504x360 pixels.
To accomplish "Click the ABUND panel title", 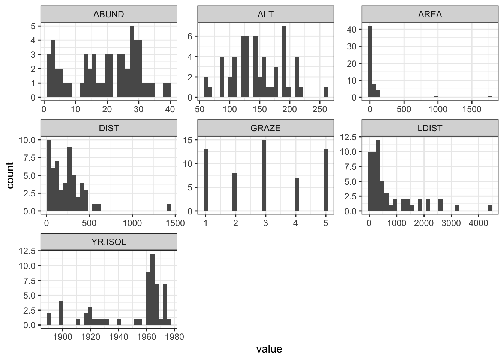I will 108,15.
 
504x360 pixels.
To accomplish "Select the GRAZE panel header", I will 265,128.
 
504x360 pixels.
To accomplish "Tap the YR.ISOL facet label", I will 108,242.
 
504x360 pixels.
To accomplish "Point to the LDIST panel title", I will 430,128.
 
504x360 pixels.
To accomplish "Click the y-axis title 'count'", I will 10,175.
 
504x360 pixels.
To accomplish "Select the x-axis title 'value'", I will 269,349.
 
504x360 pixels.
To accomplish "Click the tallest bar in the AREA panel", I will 370,61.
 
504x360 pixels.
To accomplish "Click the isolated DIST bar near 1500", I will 169,207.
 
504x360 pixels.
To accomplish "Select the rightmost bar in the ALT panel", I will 326,92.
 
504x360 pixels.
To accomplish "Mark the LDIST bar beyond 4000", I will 490,208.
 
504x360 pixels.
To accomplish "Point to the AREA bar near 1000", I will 436,96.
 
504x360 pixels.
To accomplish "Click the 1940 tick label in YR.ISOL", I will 118,337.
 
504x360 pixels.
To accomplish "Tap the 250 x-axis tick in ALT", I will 319,109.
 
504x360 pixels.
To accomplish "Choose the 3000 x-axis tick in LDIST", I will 451,223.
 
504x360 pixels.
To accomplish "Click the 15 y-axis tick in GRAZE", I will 188,140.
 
